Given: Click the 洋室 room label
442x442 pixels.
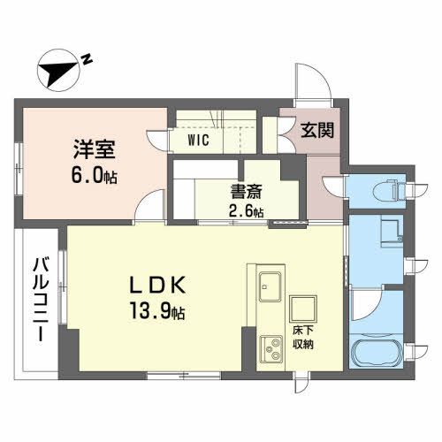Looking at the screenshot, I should coord(92,148).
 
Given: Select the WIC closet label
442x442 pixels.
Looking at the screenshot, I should coord(198,139).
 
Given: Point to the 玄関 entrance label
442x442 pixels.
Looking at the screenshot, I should coord(316,131).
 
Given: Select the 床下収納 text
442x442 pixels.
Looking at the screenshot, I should coord(303,338).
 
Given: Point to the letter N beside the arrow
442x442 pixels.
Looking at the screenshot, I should coord(87,59).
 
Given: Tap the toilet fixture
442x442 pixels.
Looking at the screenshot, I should coord(386,187).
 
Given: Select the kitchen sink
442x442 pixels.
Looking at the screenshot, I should coord(270,286).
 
